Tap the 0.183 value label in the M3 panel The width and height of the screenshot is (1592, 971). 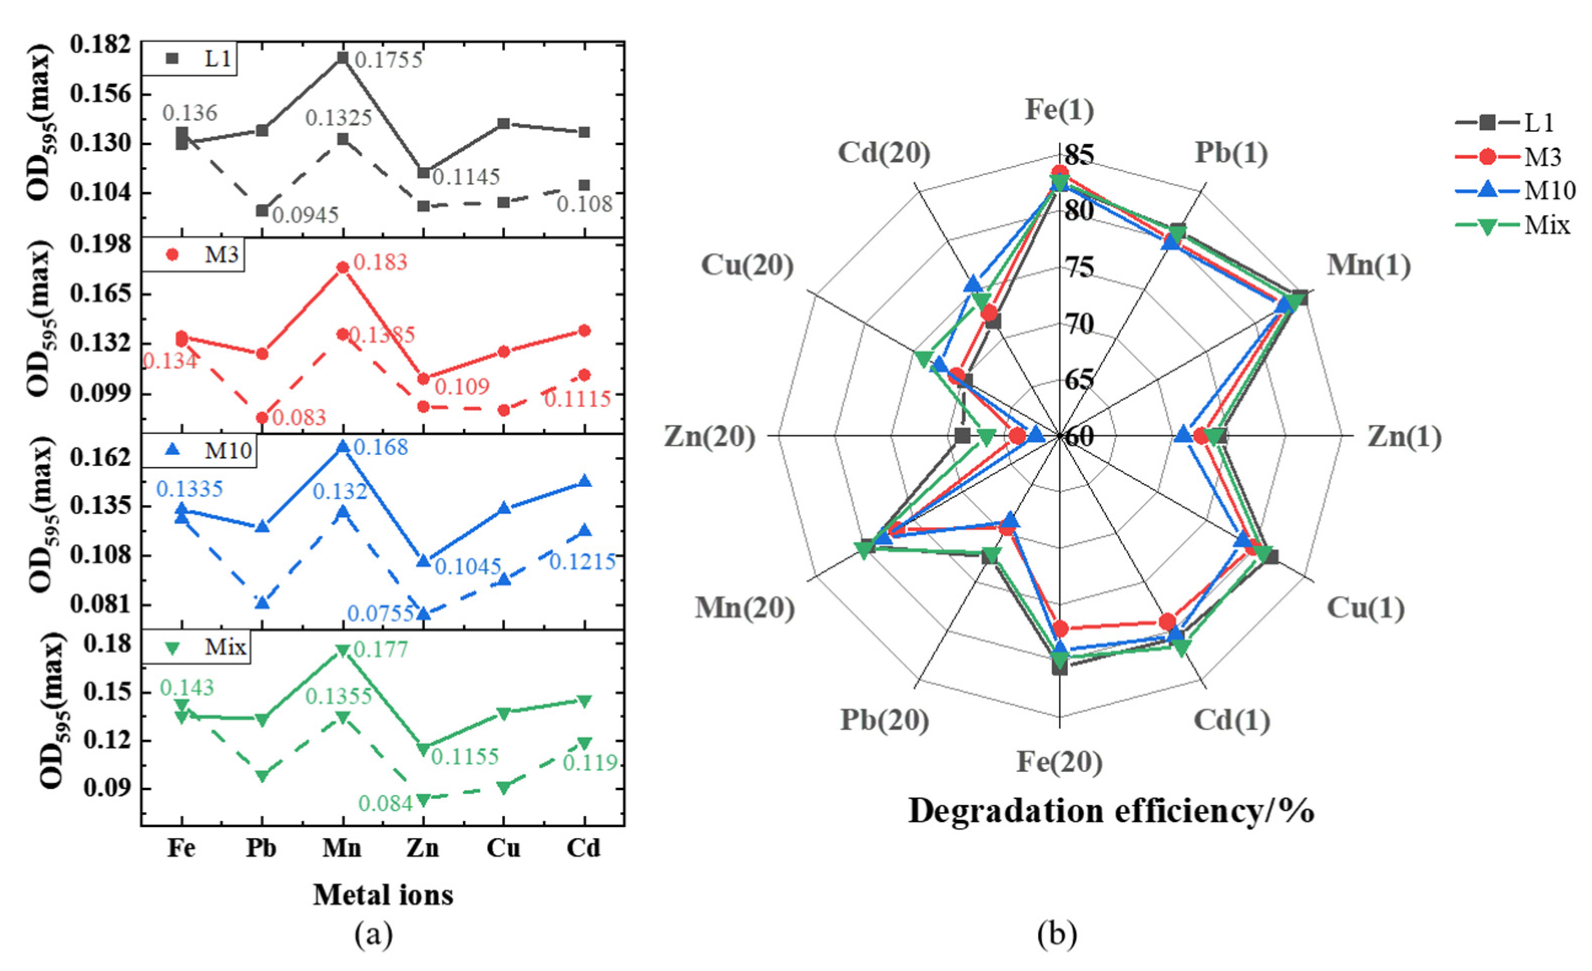(x=381, y=262)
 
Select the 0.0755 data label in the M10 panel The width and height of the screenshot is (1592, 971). (x=381, y=612)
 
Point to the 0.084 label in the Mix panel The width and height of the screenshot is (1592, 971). (x=386, y=803)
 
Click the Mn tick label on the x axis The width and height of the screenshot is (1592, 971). (x=343, y=848)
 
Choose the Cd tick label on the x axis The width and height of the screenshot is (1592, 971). (x=583, y=848)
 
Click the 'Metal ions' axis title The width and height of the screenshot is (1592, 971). (x=383, y=895)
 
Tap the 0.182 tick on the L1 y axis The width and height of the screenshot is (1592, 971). (x=100, y=45)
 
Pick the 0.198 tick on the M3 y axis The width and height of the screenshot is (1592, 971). (x=100, y=245)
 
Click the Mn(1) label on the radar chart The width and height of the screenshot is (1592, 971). (x=1369, y=265)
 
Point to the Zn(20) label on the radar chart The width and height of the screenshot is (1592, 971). (x=710, y=437)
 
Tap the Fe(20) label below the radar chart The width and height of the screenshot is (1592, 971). (x=1060, y=762)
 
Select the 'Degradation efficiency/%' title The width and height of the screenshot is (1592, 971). (x=1111, y=811)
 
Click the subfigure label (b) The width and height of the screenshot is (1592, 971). (x=1057, y=934)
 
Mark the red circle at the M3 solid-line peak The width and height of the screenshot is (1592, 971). (x=343, y=268)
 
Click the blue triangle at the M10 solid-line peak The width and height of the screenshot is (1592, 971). (x=343, y=448)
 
